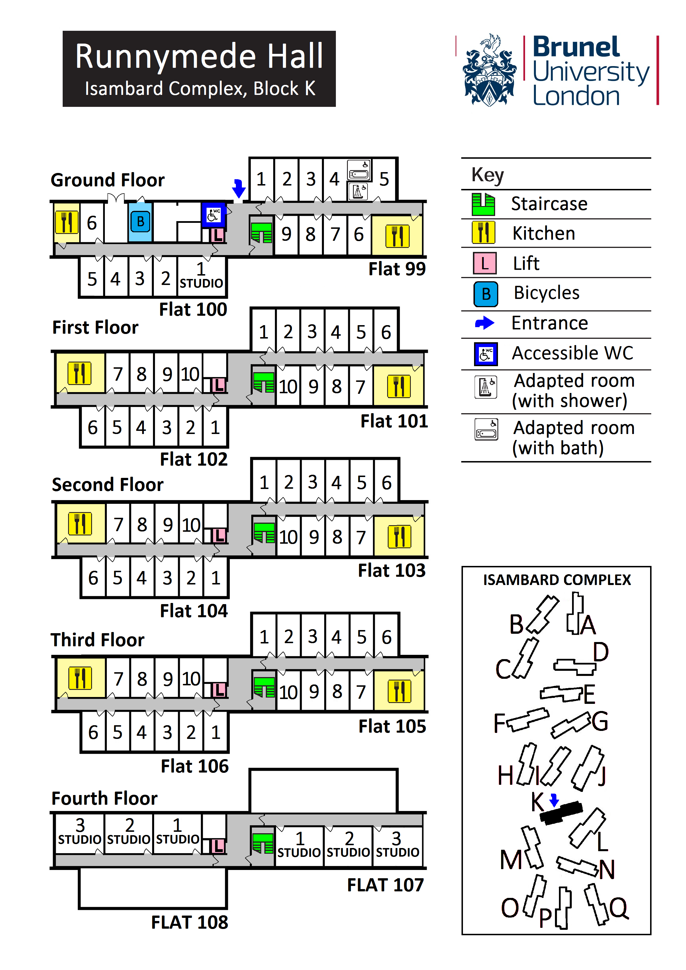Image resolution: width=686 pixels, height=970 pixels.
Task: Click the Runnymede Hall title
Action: [x=199, y=57]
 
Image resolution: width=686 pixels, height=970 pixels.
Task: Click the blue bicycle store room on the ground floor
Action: [x=140, y=221]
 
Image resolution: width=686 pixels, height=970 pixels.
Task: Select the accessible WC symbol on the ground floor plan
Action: [x=213, y=215]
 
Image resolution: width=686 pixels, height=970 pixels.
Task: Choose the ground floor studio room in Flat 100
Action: [x=201, y=277]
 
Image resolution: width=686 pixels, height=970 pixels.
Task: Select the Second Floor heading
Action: [x=107, y=485]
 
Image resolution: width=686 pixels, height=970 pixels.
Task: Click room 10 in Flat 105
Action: [x=288, y=692]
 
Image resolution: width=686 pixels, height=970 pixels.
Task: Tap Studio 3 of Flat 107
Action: [x=397, y=845]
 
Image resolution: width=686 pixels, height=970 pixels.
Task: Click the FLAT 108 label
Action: [x=190, y=922]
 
